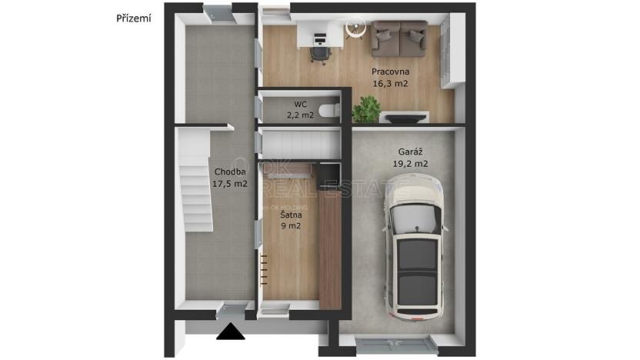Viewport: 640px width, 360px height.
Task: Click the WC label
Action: [x=300, y=104]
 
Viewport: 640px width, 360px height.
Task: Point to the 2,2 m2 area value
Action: [x=300, y=115]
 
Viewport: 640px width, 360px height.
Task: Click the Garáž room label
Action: [x=410, y=152]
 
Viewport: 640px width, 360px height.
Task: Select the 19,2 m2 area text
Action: [x=410, y=164]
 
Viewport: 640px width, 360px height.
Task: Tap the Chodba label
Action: [x=230, y=172]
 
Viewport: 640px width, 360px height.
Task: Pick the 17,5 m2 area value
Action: [x=230, y=184]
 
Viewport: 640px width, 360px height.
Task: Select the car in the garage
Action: [x=416, y=246]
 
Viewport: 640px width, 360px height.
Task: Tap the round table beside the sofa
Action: [x=355, y=28]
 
